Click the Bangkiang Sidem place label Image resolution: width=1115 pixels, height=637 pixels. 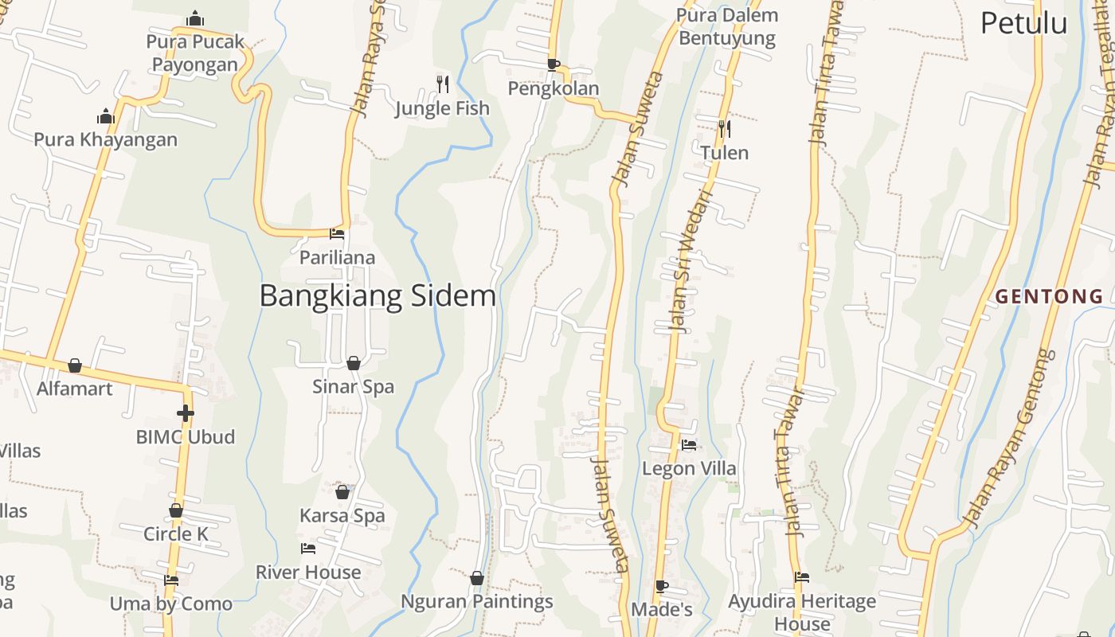[378, 296]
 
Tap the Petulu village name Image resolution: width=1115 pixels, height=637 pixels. [1023, 23]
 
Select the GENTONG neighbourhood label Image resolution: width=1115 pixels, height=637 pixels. [1050, 297]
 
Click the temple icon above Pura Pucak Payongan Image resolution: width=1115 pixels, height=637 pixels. [195, 18]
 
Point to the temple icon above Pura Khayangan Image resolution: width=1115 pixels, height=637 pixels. [106, 117]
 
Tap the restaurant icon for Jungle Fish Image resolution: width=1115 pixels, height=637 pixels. [443, 83]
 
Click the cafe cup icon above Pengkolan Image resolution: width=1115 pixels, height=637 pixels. [554, 64]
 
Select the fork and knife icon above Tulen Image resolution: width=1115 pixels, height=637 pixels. [724, 128]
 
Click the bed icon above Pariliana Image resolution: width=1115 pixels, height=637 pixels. [337, 234]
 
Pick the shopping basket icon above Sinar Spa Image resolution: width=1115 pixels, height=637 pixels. [354, 363]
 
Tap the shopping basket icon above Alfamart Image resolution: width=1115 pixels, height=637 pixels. [75, 365]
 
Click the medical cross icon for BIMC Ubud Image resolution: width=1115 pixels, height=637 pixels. [186, 413]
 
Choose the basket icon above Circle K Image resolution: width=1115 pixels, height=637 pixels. [176, 510]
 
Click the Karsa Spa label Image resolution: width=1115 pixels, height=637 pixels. [342, 515]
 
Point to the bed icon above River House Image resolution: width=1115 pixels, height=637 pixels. [308, 549]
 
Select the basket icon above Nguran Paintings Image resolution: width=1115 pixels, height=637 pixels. [477, 578]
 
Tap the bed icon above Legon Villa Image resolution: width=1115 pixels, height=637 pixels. [689, 445]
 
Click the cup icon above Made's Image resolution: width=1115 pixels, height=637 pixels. [662, 586]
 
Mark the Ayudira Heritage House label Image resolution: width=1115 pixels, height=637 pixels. [802, 611]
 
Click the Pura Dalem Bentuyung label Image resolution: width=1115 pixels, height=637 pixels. [726, 26]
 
